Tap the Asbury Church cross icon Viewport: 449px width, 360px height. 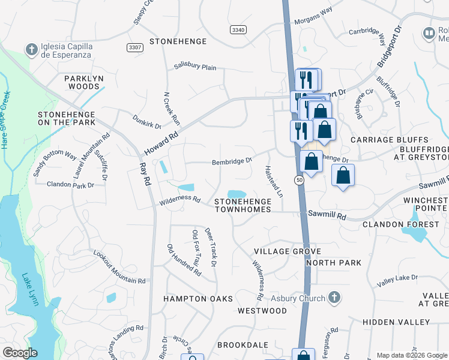pos(335,298)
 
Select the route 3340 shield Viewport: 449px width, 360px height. pos(238,29)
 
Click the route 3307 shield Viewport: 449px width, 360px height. pos(136,47)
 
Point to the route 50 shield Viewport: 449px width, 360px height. pos(298,180)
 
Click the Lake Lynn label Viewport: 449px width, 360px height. pos(31,290)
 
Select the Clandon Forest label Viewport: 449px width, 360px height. pos(400,224)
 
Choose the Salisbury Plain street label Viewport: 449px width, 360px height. pos(195,67)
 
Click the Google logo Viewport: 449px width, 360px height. pos(20,353)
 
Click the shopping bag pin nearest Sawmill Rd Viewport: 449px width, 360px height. pos(343,175)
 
